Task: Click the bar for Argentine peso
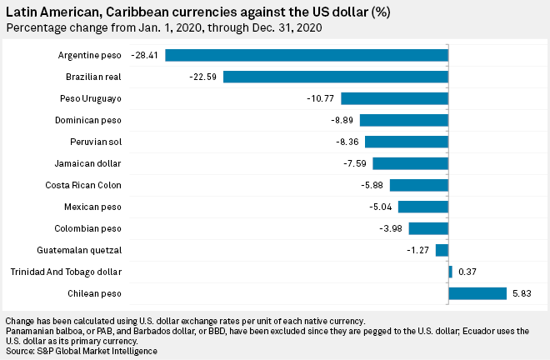pos(307,55)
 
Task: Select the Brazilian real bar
pos(336,77)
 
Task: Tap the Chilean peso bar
pos(477,293)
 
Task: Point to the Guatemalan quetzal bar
pos(442,250)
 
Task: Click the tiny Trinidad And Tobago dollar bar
pos(450,272)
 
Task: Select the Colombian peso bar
pos(428,228)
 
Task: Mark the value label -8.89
pos(342,120)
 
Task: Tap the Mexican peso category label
pos(92,207)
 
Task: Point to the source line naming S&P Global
pos(81,351)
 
